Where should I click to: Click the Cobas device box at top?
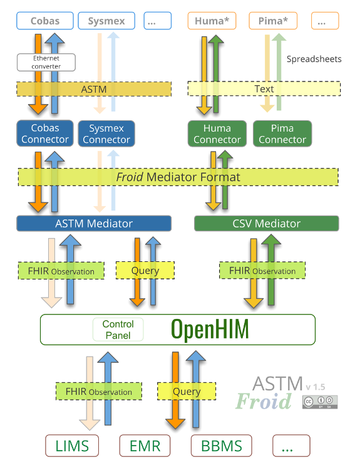point(44,21)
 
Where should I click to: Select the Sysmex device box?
point(106,21)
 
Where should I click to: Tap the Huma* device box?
point(213,21)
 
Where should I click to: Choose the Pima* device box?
point(273,21)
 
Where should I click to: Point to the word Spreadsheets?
point(314,59)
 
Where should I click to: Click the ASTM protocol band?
point(94,89)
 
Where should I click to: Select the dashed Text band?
point(264,89)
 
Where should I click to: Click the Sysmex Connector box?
point(106,133)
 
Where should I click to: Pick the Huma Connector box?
point(217,133)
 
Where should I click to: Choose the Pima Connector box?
point(282,133)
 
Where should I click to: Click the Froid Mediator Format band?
point(178,177)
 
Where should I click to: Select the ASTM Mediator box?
point(94,223)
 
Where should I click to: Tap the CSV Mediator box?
point(266,223)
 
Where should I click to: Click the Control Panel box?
point(118,330)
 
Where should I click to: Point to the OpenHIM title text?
point(210,329)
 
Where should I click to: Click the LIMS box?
point(72,446)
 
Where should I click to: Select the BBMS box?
point(221,446)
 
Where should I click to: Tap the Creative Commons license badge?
point(320,402)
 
